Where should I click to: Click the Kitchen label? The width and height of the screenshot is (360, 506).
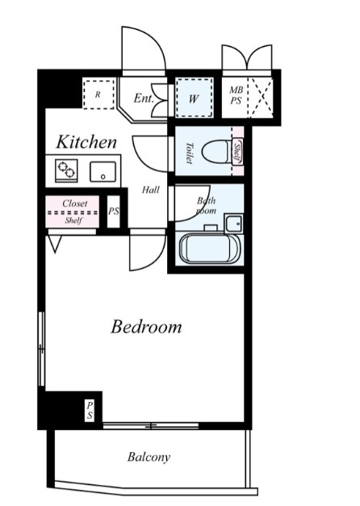[86, 142]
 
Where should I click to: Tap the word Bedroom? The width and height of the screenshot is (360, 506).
[146, 327]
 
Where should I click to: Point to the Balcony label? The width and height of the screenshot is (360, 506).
[149, 457]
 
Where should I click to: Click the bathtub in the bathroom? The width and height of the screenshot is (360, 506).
[210, 249]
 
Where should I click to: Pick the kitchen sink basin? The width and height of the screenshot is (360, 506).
[103, 172]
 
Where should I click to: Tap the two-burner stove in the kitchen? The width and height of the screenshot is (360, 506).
[66, 170]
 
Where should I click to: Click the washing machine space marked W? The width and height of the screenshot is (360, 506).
[194, 98]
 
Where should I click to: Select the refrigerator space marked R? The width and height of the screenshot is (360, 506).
[98, 94]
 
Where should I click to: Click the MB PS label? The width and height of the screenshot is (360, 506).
[236, 95]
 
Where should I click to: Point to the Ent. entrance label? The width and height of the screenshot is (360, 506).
[144, 98]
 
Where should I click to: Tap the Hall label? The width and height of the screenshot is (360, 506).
[150, 190]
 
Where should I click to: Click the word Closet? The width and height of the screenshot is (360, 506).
[75, 203]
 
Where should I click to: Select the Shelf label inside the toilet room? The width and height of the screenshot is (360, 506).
[237, 152]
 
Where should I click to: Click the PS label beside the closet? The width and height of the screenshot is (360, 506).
[113, 211]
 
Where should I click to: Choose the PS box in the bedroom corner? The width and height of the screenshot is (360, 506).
[90, 411]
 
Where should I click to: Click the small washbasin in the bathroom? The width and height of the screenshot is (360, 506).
[234, 223]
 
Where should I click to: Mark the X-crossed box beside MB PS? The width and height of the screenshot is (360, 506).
[262, 97]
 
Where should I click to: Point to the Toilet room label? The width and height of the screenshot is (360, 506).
[190, 153]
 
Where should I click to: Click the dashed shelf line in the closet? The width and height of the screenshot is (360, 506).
[73, 213]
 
